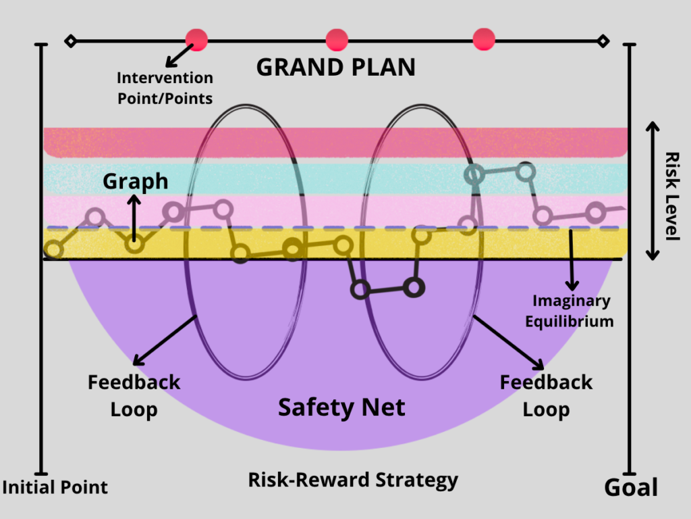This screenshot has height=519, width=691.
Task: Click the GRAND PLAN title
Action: coord(335,68)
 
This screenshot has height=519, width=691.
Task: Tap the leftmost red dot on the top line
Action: coord(196,40)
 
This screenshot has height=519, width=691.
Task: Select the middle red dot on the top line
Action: coord(337,40)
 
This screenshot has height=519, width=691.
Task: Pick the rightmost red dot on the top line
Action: coord(484,40)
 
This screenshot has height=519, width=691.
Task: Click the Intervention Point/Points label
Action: coord(165,89)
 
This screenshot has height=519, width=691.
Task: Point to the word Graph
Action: coord(135,181)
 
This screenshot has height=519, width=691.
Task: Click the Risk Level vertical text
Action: coord(671,195)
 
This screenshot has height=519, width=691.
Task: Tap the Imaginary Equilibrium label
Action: coord(573,311)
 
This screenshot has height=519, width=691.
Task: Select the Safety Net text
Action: coord(341,407)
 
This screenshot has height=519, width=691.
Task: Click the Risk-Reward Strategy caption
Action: coord(353,480)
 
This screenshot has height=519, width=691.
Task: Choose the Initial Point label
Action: coord(55,487)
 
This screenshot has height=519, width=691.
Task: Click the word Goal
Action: coord(630,487)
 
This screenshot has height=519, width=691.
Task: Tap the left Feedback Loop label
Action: coord(134,395)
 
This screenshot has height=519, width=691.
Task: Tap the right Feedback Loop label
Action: coord(546,395)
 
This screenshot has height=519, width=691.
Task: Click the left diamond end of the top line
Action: coord(70,41)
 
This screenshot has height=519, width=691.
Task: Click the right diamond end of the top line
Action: coord(603,41)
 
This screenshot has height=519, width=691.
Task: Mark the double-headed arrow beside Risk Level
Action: coord(652,191)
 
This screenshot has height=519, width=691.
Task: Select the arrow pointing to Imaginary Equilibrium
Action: coord(572,260)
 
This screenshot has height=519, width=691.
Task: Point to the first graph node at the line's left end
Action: coord(54,250)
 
